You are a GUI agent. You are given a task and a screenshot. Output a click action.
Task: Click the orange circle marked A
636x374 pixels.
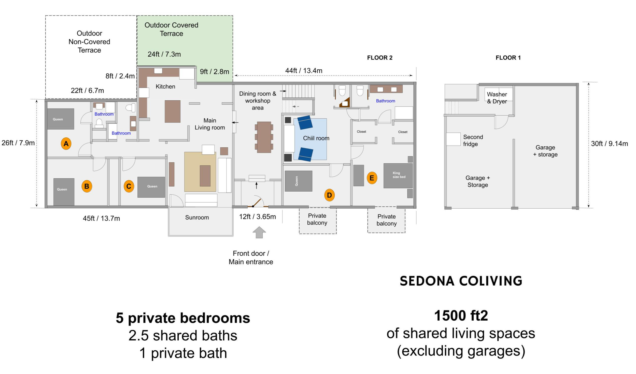pyautogui.click(x=66, y=144)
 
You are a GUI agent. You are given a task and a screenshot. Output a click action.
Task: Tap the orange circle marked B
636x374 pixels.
pyautogui.click(x=87, y=186)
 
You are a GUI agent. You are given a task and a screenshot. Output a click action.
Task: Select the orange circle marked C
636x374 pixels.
pyautogui.click(x=129, y=186)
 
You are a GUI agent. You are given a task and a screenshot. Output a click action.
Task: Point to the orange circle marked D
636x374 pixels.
pyautogui.click(x=329, y=195)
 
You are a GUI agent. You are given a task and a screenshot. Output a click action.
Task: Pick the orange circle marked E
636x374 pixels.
pyautogui.click(x=372, y=178)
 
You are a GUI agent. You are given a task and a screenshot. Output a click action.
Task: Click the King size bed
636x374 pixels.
pyautogui.click(x=398, y=176)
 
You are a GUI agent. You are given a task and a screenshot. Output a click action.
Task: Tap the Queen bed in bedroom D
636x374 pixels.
pyautogui.click(x=298, y=181)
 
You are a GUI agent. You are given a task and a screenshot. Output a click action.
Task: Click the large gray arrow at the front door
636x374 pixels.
pyautogui.click(x=259, y=232)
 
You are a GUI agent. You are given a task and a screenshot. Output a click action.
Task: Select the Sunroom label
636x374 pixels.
pyautogui.click(x=197, y=217)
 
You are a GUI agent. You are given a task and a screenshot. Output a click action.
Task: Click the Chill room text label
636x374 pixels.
pyautogui.click(x=316, y=138)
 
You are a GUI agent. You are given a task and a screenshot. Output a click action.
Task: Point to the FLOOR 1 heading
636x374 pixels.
pyautogui.click(x=508, y=58)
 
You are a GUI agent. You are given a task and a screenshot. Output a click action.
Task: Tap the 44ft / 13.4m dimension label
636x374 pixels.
pyautogui.click(x=304, y=71)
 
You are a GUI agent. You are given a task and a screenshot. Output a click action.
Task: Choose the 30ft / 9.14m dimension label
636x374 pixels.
pyautogui.click(x=609, y=144)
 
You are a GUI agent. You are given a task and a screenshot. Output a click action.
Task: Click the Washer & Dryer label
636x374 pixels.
pyautogui.click(x=497, y=98)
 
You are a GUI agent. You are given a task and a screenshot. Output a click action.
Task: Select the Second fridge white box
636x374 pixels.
pyautogui.click(x=453, y=139)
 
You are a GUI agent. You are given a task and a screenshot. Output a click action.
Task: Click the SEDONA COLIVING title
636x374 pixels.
pyautogui.click(x=461, y=281)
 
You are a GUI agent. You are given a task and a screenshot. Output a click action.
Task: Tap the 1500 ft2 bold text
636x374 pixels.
pyautogui.click(x=461, y=316)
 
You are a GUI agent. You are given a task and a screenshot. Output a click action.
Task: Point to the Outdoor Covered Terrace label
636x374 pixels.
pyautogui.click(x=171, y=29)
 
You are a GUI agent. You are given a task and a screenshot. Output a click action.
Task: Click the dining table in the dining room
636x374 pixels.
pyautogui.click(x=264, y=137)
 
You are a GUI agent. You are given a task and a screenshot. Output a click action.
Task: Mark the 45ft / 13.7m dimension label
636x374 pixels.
pyautogui.click(x=101, y=219)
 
